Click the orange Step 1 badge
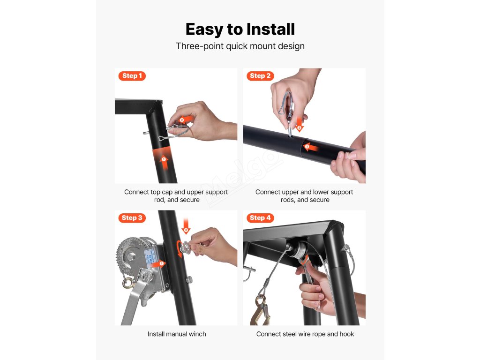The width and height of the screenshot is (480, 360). coord(132,76)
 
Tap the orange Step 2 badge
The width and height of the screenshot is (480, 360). coord(260,76)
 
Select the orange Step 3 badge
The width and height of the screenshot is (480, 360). coord(132,218)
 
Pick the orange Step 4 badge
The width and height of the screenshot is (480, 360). coord(260,218)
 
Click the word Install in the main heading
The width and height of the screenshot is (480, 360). coord(270,30)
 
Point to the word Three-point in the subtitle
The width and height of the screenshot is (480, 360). coord(200,46)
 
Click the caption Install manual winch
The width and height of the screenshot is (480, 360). coord(177,334)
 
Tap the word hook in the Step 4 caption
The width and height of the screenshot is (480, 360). coord(346,334)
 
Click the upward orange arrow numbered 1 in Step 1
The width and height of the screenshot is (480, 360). coord(165,163)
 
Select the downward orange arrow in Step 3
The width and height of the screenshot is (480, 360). coord(186,226)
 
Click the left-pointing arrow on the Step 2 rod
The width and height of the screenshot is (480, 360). coord(311,147)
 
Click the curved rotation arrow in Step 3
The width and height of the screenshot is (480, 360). coord(179,249)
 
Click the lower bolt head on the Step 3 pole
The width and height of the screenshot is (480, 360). coord(189,279)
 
